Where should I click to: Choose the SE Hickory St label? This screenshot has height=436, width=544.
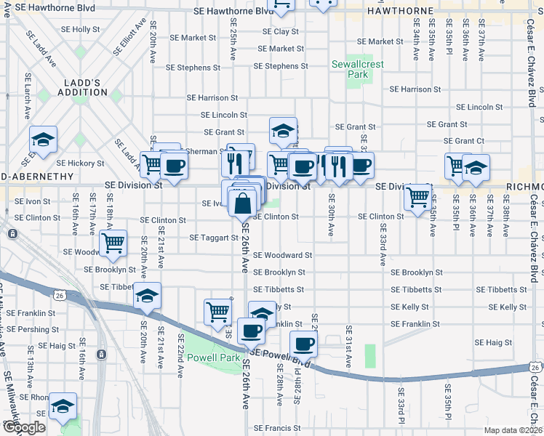[x=81, y=163]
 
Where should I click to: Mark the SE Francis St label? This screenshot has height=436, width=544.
[x=277, y=429]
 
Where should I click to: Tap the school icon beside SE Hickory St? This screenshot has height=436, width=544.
[x=43, y=140]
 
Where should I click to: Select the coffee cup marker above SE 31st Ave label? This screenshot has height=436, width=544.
[x=303, y=342]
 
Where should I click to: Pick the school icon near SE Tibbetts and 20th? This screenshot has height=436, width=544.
[x=147, y=295]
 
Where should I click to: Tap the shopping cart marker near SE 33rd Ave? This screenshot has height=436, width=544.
[x=417, y=196]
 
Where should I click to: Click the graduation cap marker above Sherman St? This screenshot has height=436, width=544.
[x=283, y=131]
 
